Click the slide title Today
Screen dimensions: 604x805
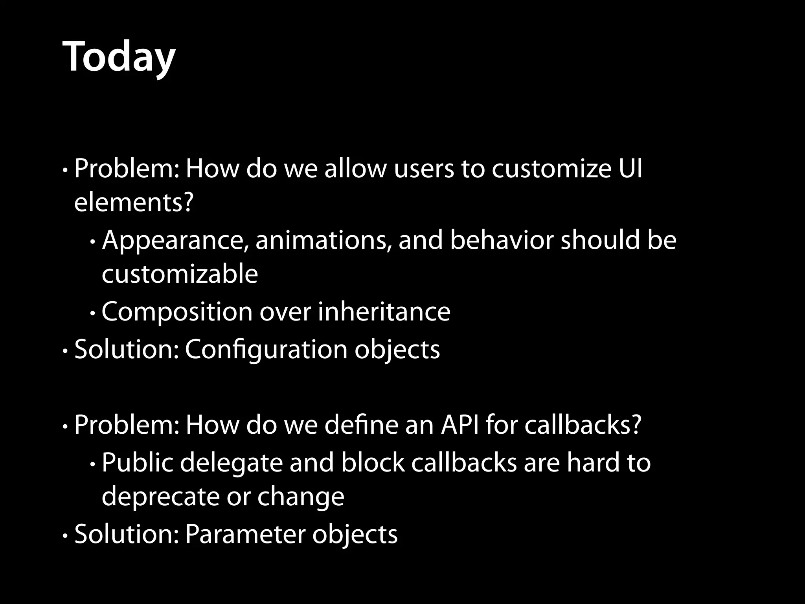coord(119,57)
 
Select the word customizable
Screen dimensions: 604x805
coord(180,274)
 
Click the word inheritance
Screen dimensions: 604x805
coord(384,311)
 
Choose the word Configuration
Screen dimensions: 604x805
coord(266,349)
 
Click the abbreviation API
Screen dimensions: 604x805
coord(460,425)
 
